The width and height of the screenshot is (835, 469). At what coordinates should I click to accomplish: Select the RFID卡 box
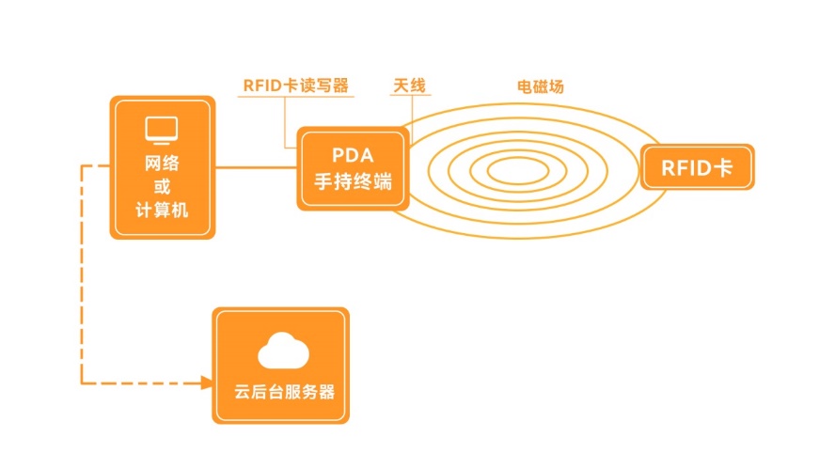coord(697,168)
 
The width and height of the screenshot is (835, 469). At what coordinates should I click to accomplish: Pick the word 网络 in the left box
coord(162,163)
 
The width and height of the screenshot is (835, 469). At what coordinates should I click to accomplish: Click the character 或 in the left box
coord(162,186)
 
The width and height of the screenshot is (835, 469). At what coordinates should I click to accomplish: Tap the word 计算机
coord(162,211)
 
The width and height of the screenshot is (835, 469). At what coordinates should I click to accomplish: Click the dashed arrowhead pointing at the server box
coord(206,383)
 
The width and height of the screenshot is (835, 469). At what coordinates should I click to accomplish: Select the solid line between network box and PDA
coord(257,168)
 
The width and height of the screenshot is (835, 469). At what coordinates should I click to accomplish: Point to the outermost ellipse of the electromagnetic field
coord(527,104)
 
